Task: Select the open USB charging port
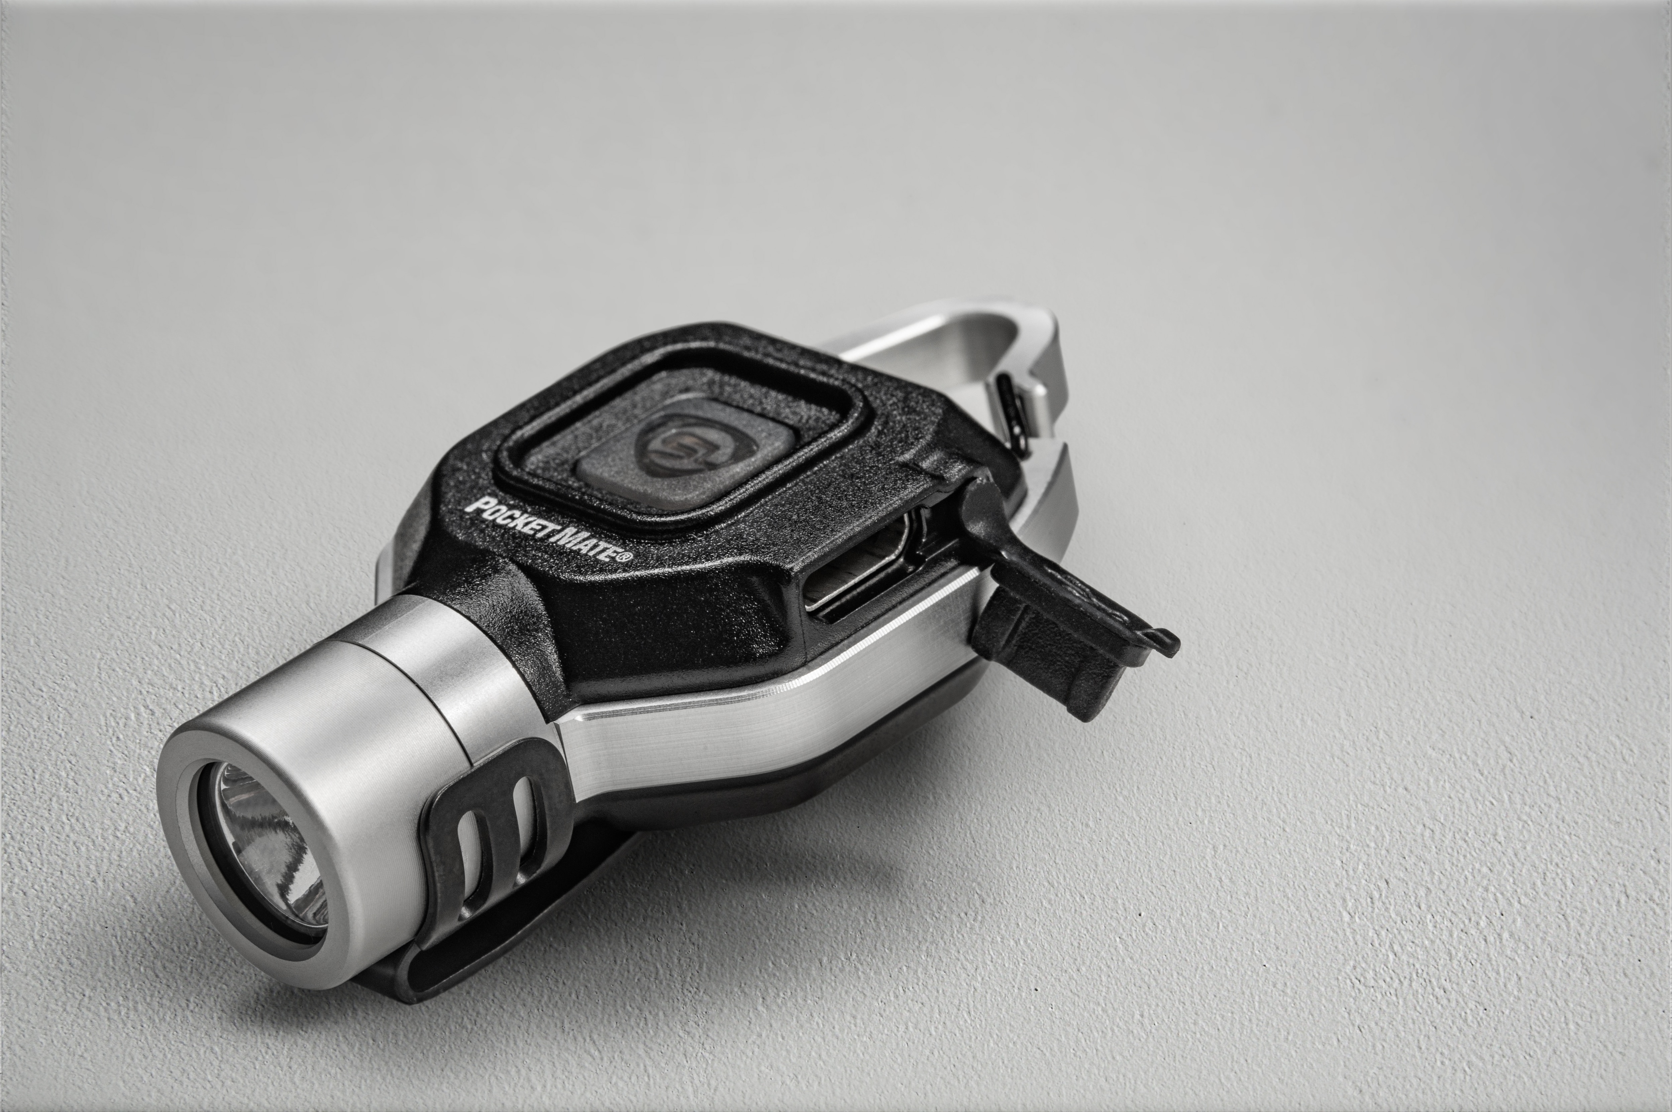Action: pyautogui.click(x=862, y=567)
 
